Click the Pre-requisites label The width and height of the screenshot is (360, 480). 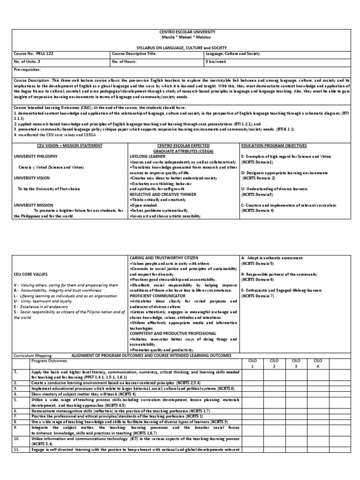27,69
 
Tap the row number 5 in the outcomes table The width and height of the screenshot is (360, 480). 15,400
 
